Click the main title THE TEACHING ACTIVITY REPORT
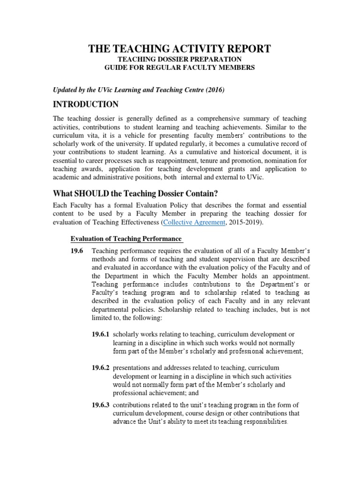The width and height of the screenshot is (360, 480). [180, 49]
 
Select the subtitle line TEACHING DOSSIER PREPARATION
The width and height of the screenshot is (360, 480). [180, 60]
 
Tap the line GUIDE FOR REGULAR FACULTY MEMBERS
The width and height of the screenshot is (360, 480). [180, 68]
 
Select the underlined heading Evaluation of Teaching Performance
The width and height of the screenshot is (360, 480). [126, 239]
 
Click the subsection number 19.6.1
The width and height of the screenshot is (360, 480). [101, 334]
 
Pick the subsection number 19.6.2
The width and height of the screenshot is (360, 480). [101, 368]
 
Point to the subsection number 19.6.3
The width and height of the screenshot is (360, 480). [101, 405]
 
